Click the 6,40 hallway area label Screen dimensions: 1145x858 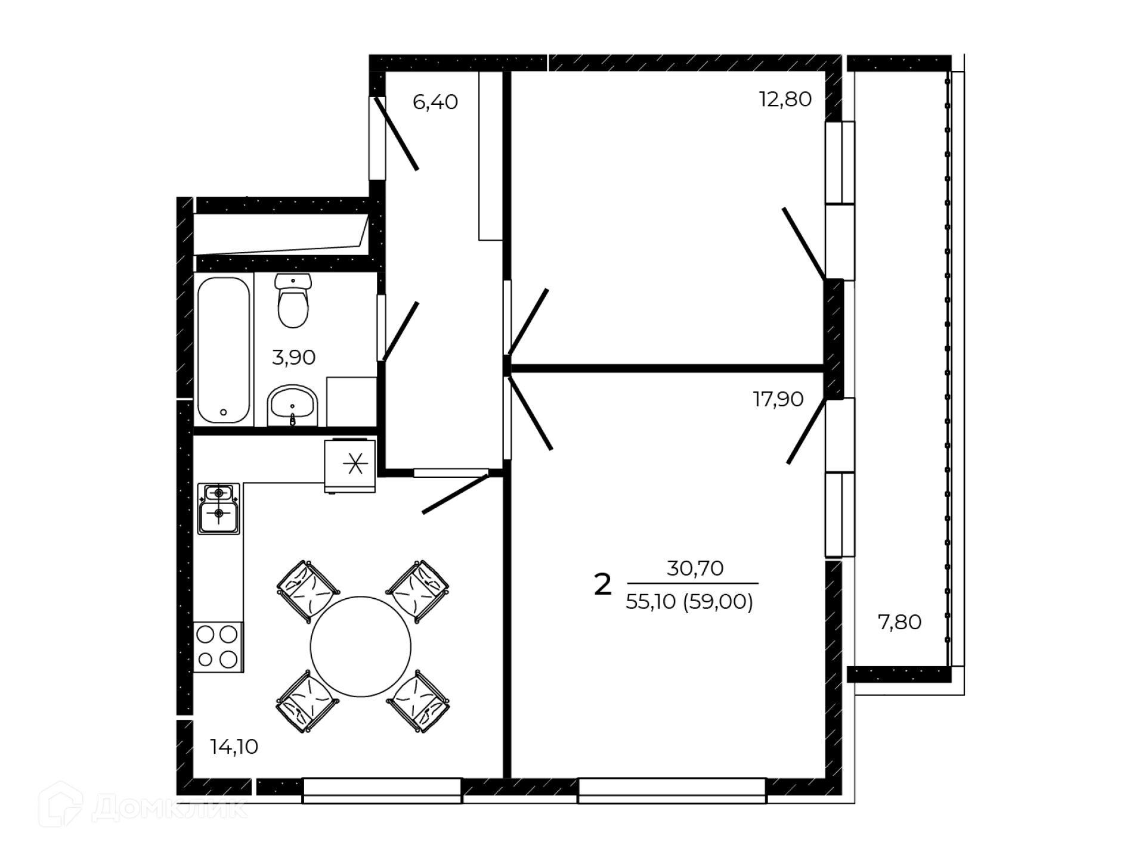[x=435, y=102]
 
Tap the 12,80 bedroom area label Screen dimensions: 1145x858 [x=785, y=99]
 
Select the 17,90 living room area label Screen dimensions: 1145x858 [x=778, y=399]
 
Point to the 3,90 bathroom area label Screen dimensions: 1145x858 [x=293, y=357]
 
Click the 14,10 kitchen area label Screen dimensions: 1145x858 [x=234, y=747]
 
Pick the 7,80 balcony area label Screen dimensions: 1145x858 [x=900, y=622]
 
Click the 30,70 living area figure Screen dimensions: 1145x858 [x=695, y=568]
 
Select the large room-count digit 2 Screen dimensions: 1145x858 [x=603, y=585]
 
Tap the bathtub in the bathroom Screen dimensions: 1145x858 [x=223, y=350]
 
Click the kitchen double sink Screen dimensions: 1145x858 [x=219, y=509]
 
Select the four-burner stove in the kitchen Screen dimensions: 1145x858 [x=218, y=647]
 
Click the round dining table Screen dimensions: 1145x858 [x=361, y=646]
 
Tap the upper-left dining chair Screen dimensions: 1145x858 [x=308, y=591]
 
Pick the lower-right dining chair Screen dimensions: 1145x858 [x=418, y=701]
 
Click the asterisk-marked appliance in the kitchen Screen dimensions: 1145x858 [x=350, y=466]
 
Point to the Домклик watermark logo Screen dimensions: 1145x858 [x=143, y=805]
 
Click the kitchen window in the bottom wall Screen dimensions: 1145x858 [x=382, y=791]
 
